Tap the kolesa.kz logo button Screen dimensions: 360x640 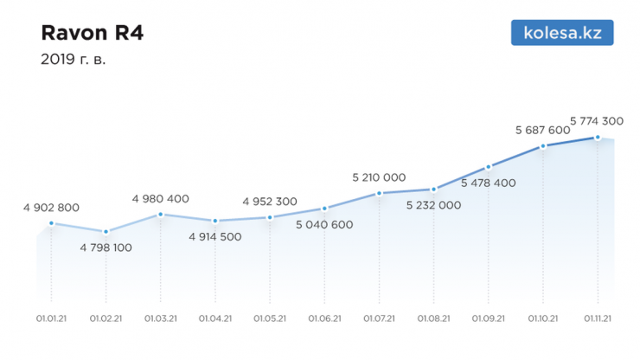tap(562, 33)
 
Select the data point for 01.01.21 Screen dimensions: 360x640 tap(51, 223)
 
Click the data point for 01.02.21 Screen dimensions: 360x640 tap(106, 232)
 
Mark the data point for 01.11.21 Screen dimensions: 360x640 tap(598, 138)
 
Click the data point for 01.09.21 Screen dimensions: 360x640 tap(489, 167)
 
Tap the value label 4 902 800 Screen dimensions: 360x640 tap(52, 208)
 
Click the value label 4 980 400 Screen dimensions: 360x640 tap(161, 198)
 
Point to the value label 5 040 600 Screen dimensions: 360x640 tap(324, 224)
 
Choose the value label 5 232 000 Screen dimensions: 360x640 tap(433, 205)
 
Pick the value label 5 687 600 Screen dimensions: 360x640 tap(542, 130)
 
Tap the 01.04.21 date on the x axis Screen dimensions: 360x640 tap(215, 318)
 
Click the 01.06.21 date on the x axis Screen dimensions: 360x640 tap(324, 318)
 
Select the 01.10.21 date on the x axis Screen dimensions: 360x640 tap(542, 318)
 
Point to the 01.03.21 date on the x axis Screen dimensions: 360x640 tap(161, 318)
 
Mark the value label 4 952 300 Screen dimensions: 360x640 tap(270, 202)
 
